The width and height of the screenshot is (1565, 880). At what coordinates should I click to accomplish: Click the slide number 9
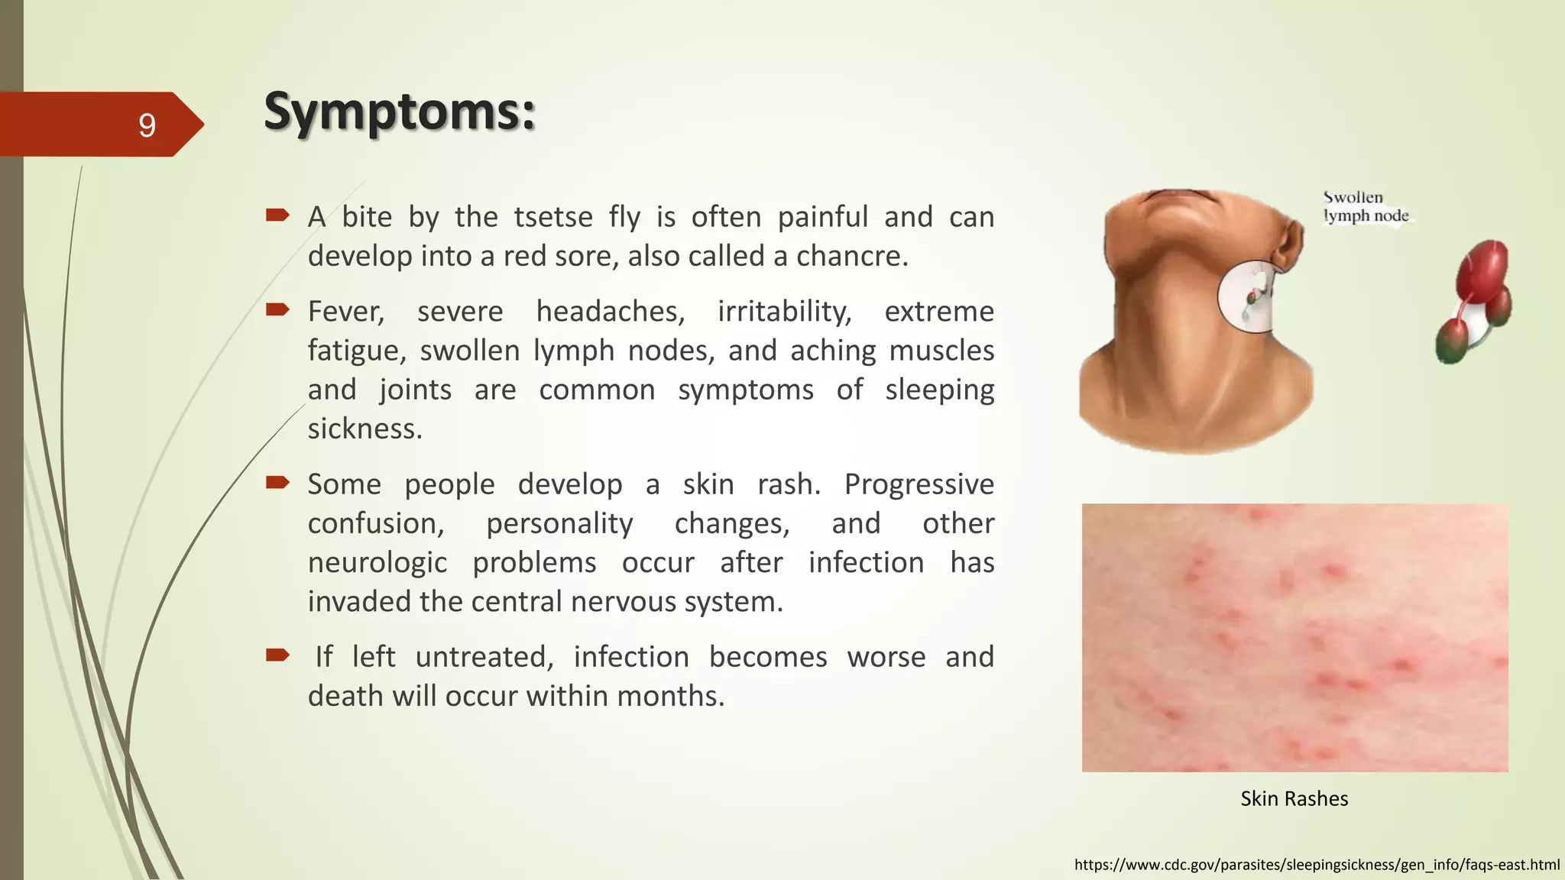[147, 125]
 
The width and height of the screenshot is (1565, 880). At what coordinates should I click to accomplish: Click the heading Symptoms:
[399, 112]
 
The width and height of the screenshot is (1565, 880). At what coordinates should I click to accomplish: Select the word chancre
[851, 256]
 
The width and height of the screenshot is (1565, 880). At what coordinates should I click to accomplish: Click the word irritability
[784, 312]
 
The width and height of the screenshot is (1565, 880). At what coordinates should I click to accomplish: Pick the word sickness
[365, 429]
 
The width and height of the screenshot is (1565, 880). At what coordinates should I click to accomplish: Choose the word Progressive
[919, 484]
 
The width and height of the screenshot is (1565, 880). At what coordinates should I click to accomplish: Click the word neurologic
[377, 563]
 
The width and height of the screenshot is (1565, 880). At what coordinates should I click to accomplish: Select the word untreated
[484, 657]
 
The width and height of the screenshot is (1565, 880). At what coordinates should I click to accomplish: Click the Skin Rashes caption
[1294, 798]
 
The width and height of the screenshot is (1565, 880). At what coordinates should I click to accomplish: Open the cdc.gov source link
[1317, 865]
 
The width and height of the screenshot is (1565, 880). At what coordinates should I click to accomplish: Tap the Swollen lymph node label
[1365, 207]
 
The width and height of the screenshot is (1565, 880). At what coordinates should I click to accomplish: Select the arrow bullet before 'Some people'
[277, 482]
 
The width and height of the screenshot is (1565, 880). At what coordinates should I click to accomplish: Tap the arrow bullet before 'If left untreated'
[277, 655]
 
